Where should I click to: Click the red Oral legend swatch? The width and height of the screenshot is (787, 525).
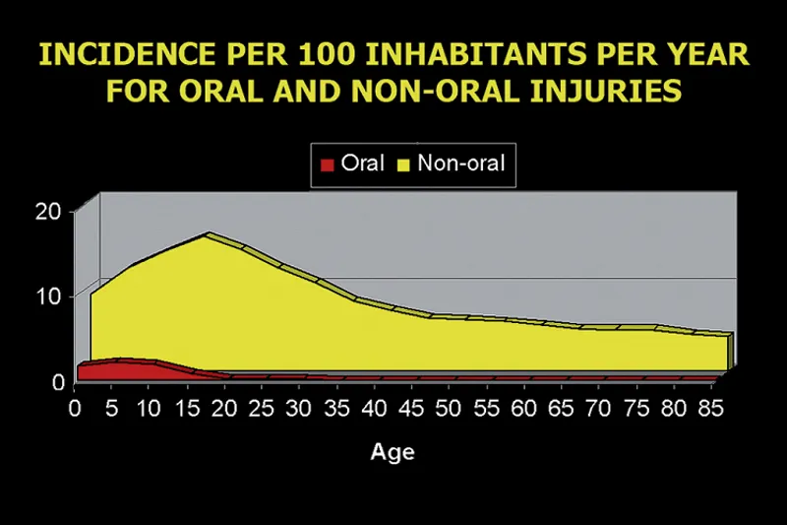(328, 163)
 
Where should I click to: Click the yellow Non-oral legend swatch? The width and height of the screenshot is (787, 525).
(403, 163)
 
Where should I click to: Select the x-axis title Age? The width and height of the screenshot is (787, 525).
(393, 453)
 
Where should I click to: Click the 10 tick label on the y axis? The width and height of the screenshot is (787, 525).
(50, 295)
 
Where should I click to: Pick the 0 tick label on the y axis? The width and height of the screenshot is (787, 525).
(56, 380)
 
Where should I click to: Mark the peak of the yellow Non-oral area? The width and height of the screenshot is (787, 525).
(208, 234)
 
